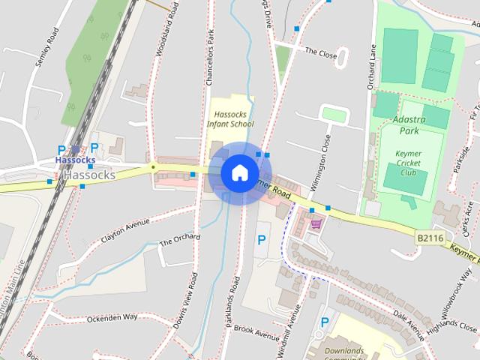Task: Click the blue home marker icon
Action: coord(239,172)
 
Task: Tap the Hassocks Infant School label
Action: coord(230,118)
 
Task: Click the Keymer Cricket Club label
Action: coord(408,162)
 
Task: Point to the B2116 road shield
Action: coord(430,238)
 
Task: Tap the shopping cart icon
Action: coord(316,222)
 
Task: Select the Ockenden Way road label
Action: coord(112,318)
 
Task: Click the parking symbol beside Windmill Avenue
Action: coord(261,240)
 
